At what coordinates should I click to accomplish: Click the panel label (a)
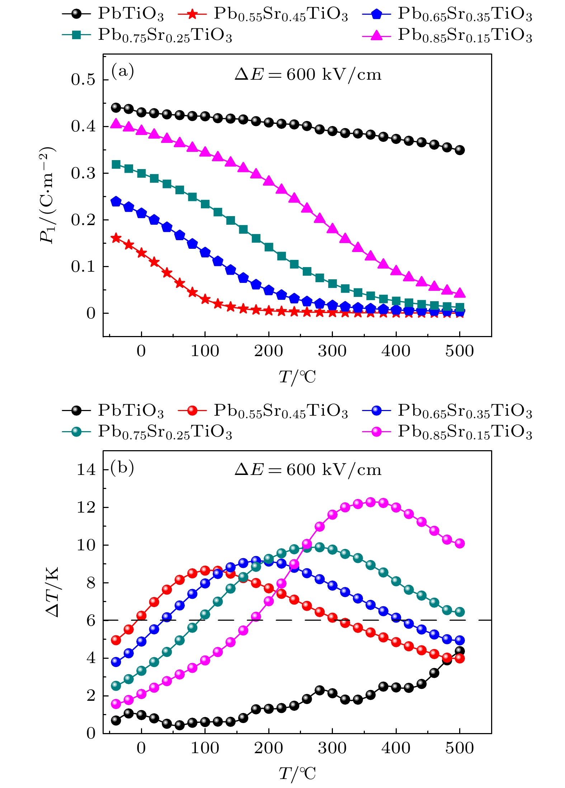123,71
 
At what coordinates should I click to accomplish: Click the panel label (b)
122,467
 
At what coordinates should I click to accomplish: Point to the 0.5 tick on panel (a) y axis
83,80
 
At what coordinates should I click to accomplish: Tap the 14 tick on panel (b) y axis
86,470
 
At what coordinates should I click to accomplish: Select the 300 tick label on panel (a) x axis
332,351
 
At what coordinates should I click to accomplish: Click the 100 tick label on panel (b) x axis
205,748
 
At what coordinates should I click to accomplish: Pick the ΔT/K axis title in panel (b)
53,592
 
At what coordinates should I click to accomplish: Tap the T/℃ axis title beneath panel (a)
297,377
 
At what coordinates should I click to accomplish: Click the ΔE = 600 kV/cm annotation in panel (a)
308,75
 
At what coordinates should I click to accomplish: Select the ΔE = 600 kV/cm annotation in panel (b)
308,470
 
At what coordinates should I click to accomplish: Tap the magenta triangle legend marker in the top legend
376,35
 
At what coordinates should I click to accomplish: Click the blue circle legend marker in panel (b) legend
376,410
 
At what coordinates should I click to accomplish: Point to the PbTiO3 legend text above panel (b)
131,411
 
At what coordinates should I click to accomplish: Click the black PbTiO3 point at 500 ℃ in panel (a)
460,150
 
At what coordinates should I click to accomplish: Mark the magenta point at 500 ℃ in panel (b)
460,543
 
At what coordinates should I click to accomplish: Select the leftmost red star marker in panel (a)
116,238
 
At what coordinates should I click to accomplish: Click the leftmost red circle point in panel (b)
116,640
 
